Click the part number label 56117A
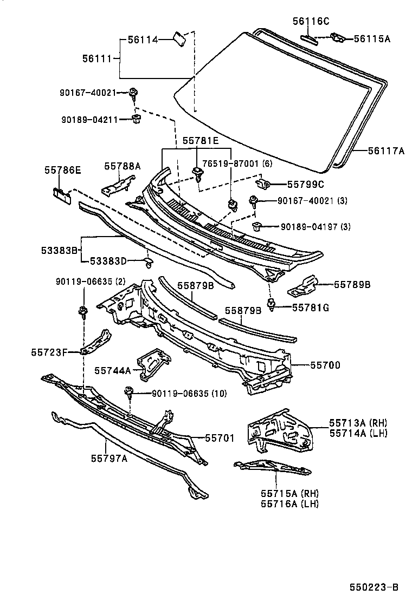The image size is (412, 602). tap(379, 152)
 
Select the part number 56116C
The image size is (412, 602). tap(311, 22)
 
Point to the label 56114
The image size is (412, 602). tap(143, 40)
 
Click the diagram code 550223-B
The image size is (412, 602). tap(374, 587)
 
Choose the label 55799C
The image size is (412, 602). tap(305, 184)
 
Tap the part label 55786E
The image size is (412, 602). tap(62, 170)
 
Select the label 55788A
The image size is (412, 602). tap(123, 167)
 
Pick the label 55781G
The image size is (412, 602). tap(311, 307)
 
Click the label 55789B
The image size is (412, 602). tap(352, 284)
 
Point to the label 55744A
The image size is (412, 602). tap(113, 370)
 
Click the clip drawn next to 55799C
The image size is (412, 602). tap(263, 184)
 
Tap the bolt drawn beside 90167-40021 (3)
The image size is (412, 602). tap(254, 202)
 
